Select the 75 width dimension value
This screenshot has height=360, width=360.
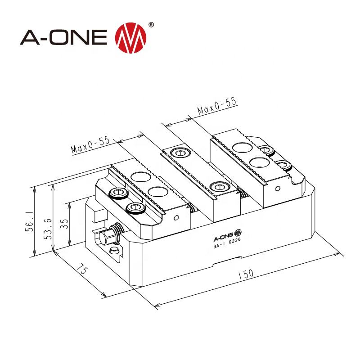click(x=81, y=272)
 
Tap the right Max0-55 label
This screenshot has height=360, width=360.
click(x=217, y=106)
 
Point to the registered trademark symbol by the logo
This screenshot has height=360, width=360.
click(x=150, y=25)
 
